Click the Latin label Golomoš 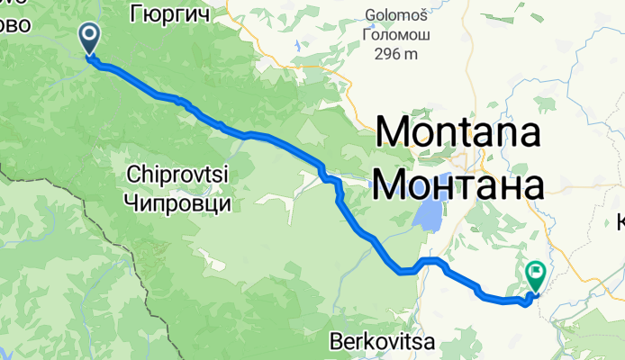coord(401,15)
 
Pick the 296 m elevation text coord(397,54)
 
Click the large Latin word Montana coord(458,134)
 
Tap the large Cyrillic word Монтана coord(458,184)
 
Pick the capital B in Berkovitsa coord(337,343)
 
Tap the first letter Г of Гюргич coord(135,13)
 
